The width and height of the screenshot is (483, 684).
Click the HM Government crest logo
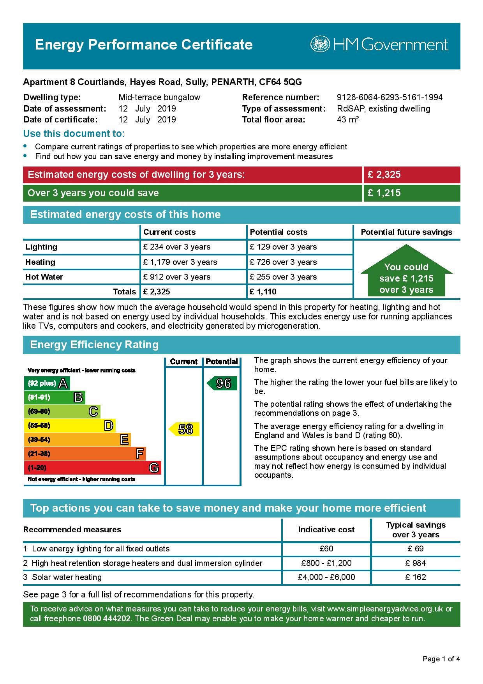[x=320, y=44]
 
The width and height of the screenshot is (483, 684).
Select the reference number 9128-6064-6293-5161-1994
[x=390, y=97]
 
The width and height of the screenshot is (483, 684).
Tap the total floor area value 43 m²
[x=347, y=120]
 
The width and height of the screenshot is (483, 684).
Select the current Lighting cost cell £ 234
[x=177, y=247]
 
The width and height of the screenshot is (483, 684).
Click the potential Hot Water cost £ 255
[x=283, y=277]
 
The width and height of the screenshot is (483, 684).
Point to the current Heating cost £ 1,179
[x=180, y=262]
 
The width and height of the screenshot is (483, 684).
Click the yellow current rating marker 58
[x=185, y=429]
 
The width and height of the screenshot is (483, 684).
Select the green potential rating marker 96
[x=222, y=383]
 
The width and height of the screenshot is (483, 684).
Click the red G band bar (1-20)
[x=93, y=468]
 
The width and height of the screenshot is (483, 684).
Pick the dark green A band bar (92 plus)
[x=47, y=383]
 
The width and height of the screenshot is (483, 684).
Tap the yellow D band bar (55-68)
[x=70, y=425]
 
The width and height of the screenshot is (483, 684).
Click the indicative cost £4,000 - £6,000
[x=326, y=577]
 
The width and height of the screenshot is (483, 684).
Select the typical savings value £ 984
[x=416, y=563]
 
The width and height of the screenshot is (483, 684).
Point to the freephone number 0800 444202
[x=106, y=618]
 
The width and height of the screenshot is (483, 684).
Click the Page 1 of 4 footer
[x=441, y=659]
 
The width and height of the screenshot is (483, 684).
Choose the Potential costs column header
[x=279, y=232]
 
